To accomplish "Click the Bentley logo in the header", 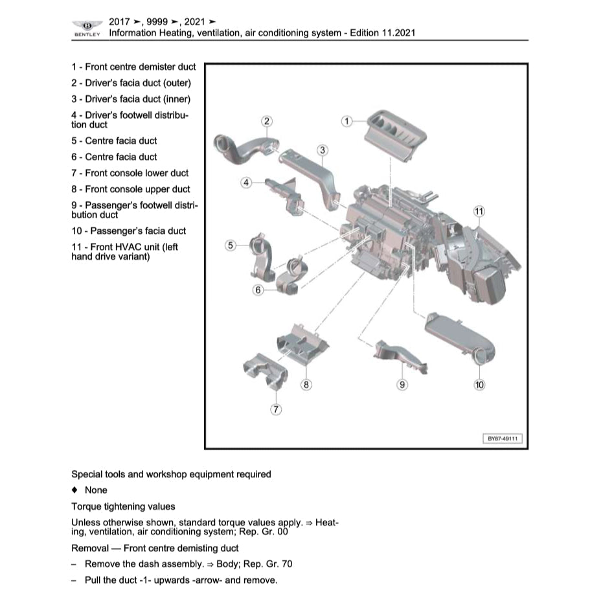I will coord(87,27).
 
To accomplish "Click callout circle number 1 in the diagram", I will coord(347,121).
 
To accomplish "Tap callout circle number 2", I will coord(266,121).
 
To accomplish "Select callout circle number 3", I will coord(323,151).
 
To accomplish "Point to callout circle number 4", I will coord(245,183).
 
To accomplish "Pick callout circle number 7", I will coord(276,409).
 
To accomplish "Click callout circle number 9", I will coord(402,385).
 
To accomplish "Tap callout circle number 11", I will coord(479,212).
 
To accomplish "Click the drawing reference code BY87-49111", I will coord(503,438).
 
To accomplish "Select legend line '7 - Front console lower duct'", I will coord(130,173).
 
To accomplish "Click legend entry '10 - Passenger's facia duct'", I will coord(129,231).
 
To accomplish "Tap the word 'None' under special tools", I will coord(96,490).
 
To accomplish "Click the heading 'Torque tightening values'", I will coord(123,506).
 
